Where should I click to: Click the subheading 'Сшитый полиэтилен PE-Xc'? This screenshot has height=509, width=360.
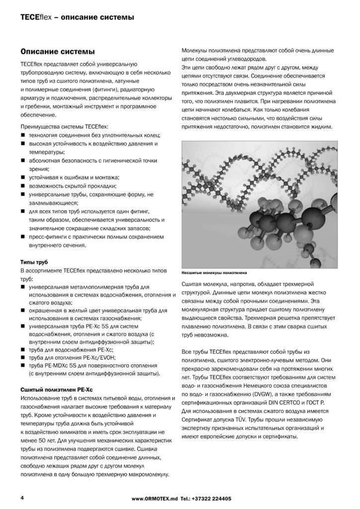(55, 389)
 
